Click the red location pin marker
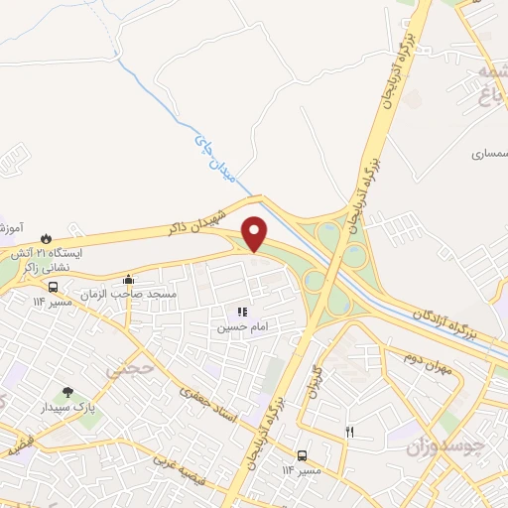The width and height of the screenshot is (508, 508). [x=255, y=234]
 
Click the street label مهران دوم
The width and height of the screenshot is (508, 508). [x=427, y=362]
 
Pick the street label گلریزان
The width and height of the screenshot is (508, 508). [x=317, y=382]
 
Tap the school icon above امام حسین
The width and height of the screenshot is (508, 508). [x=243, y=312]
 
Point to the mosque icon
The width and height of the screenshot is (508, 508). [x=127, y=280]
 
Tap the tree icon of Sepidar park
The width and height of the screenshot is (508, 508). [x=67, y=393]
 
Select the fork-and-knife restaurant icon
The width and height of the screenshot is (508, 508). [x=348, y=431]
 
